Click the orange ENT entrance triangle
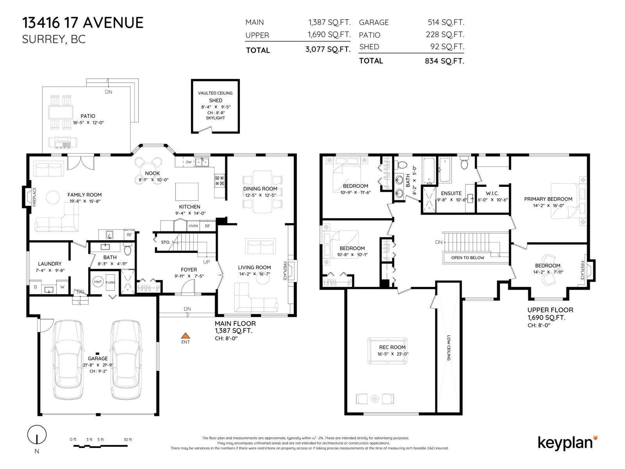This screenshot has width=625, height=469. click(x=186, y=335)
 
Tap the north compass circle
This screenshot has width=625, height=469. click(x=37, y=435)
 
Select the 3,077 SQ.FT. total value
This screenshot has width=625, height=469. click(x=327, y=50)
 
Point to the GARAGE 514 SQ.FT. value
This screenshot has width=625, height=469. click(x=445, y=22)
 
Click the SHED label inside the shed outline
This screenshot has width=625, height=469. click(x=215, y=100)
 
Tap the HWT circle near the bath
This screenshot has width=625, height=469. click(x=98, y=282)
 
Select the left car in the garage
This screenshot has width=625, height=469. click(x=68, y=360)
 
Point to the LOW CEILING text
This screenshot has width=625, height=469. click(x=449, y=348)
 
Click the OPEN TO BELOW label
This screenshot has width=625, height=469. click(x=467, y=258)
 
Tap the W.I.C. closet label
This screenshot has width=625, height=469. click(x=492, y=193)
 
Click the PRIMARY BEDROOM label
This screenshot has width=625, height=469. click(x=548, y=199)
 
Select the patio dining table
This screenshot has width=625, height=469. click(x=61, y=113)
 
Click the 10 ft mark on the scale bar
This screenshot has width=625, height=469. click(x=127, y=440)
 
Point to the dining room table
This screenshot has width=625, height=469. click(x=262, y=192)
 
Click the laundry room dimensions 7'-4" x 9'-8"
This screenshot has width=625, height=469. click(x=50, y=270)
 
